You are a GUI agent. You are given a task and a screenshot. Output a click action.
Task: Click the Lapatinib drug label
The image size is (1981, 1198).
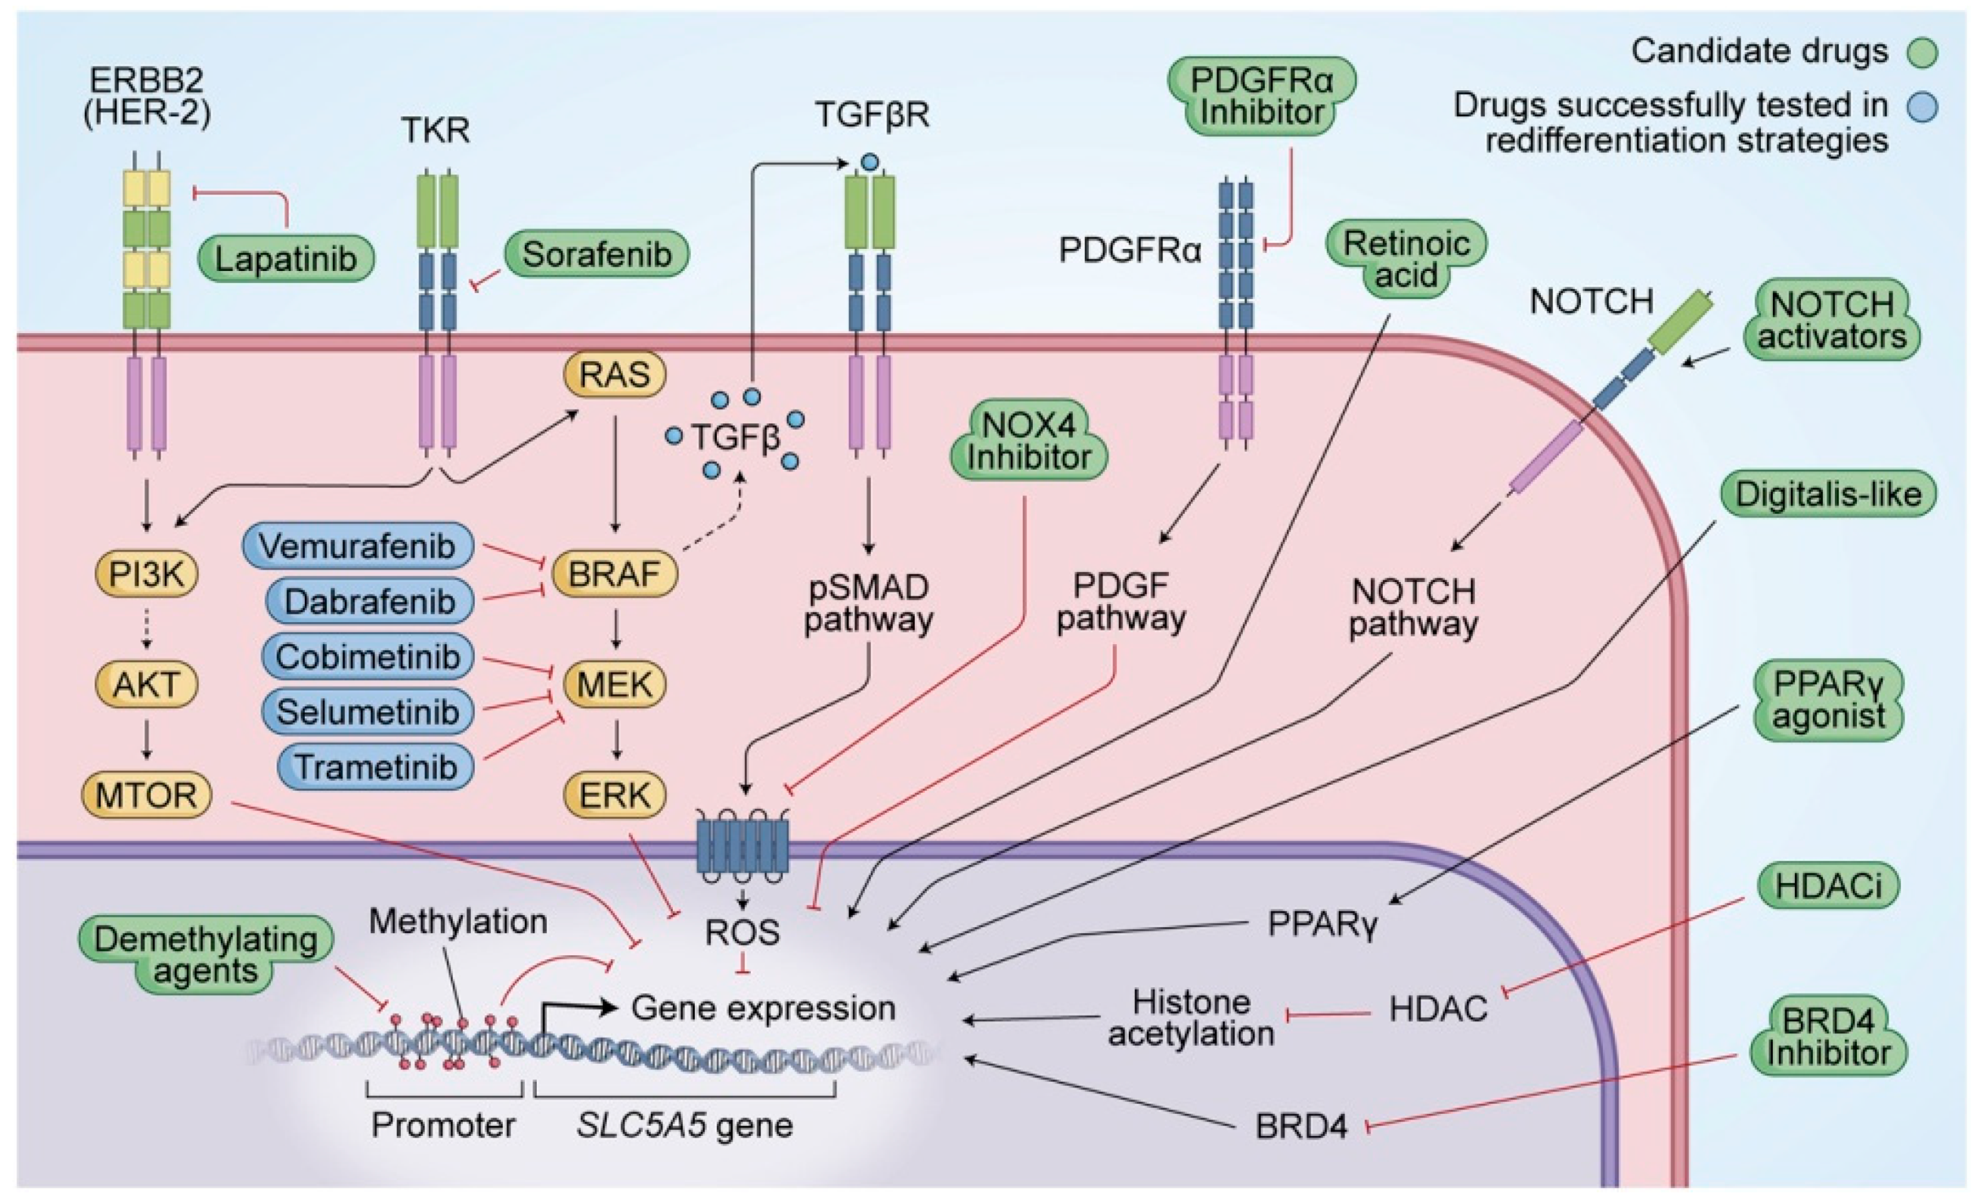coord(286,258)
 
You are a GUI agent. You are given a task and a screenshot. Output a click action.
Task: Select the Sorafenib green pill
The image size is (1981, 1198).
coord(596,254)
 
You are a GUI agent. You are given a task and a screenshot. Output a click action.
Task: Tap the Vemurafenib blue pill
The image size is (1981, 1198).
coord(357,546)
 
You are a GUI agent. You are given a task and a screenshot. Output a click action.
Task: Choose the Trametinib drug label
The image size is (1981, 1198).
coord(376,766)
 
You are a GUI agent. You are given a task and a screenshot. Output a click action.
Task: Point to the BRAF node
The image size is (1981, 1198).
coord(614,574)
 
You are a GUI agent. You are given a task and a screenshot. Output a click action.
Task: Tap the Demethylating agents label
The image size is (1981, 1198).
coord(206,955)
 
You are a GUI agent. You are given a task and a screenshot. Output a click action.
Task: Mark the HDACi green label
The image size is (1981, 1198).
coord(1828,885)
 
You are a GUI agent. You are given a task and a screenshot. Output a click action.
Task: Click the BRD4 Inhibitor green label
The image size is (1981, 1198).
coord(1828,1037)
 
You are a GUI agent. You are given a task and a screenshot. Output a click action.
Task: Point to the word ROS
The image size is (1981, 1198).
coord(742,933)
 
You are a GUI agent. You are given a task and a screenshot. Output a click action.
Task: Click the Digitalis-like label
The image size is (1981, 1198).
coord(1828,494)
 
